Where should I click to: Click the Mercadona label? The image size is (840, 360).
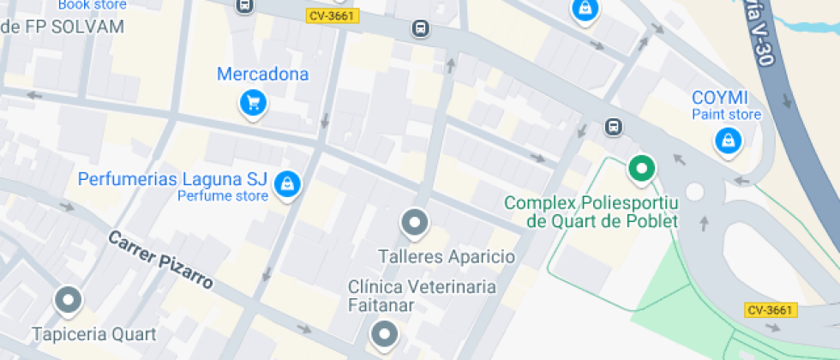click(x=262, y=75)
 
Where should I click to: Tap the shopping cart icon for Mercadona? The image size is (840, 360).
click(x=253, y=103)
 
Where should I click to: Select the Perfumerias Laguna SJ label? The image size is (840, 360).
click(x=172, y=180)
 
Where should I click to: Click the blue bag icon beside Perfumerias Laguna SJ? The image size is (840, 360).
click(x=286, y=182)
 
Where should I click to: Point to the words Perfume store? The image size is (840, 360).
click(x=223, y=196)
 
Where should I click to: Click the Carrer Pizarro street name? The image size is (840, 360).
click(x=159, y=260)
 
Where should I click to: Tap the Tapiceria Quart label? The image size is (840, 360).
click(x=94, y=333)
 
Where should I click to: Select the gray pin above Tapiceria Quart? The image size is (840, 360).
click(x=68, y=300)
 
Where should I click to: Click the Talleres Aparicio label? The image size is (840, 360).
click(x=447, y=256)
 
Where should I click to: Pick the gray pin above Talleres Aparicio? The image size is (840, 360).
click(x=414, y=223)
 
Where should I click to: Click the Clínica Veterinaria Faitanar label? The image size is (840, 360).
click(x=422, y=296)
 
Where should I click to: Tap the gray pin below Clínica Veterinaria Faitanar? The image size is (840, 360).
click(x=385, y=333)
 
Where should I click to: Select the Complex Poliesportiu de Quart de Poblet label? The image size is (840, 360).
click(x=591, y=213)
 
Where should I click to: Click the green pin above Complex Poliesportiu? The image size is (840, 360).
click(x=640, y=167)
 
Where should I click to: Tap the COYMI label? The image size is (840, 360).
click(x=720, y=97)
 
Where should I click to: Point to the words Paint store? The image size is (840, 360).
click(x=727, y=114)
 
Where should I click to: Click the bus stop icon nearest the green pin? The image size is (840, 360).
click(x=613, y=127)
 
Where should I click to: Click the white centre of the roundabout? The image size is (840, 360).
click(x=694, y=191)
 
